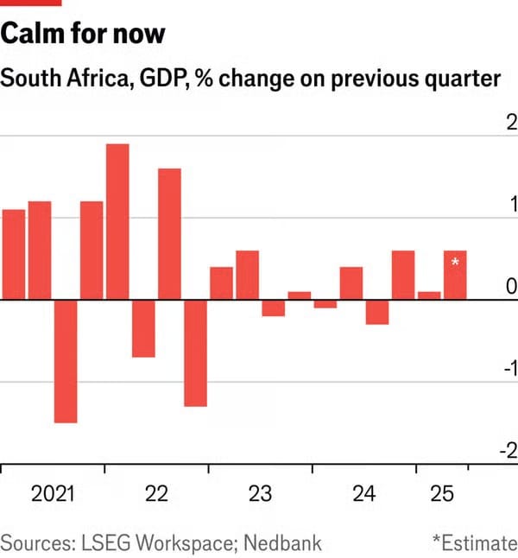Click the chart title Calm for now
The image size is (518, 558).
coord(83,35)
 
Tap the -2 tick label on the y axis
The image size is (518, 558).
coord(509,451)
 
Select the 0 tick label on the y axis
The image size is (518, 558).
coord(511,286)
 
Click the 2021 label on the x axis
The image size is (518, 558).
coord(53,495)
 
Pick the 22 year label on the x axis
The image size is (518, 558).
coord(156,495)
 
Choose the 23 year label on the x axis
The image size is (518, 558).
coord(260,495)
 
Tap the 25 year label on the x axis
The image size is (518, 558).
coord(442,495)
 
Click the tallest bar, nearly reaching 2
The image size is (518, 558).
coord(117,221)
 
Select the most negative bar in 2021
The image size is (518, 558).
coord(66,361)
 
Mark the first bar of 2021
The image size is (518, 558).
coord(14,255)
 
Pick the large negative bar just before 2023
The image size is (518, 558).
coord(195,353)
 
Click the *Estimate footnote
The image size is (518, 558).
coord(474,542)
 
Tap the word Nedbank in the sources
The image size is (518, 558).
coord(282,542)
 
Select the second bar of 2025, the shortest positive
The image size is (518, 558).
coord(429,295)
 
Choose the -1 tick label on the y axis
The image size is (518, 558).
coord(509,369)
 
